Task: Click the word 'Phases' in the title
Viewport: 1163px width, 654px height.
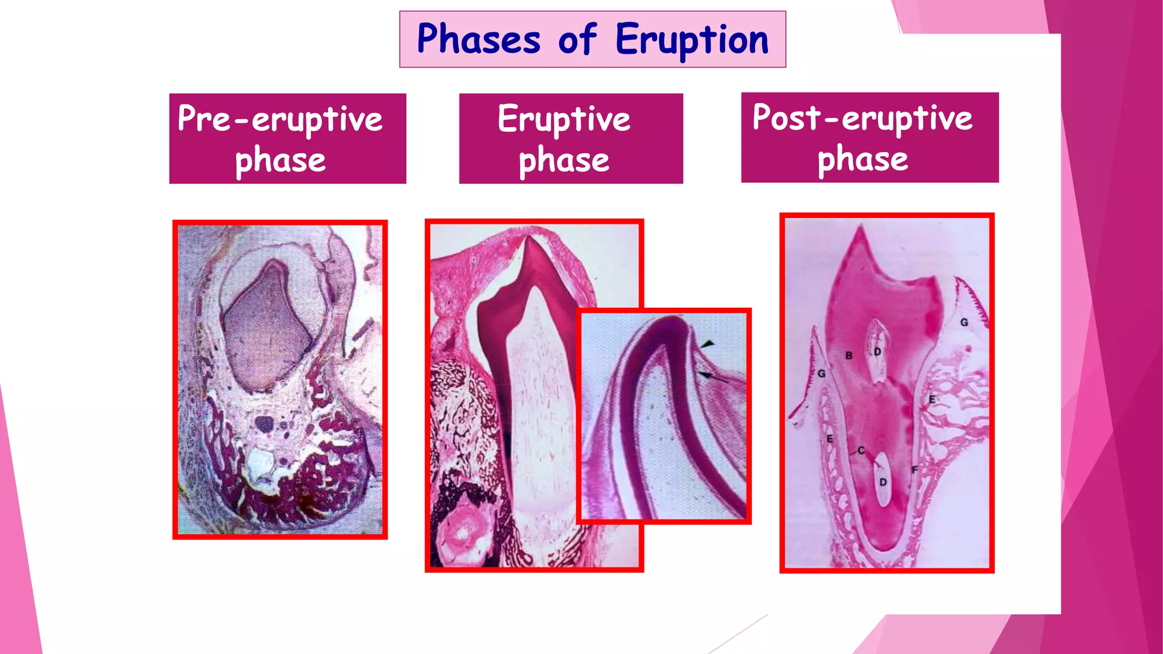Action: tap(479, 39)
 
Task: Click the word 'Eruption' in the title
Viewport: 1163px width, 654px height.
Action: tap(692, 40)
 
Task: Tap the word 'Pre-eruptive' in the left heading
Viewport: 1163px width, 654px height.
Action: tap(280, 119)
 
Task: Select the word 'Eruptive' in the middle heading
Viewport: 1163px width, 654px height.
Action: tap(564, 119)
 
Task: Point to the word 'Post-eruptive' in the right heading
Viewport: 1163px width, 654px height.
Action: tap(862, 118)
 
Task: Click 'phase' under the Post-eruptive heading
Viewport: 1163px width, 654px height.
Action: tap(862, 159)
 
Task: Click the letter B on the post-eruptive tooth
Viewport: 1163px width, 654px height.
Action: tap(848, 355)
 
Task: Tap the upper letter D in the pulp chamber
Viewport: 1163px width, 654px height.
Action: tap(877, 352)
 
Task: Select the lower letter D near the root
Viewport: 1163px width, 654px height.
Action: tap(882, 482)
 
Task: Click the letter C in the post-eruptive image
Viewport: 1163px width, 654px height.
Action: tap(861, 450)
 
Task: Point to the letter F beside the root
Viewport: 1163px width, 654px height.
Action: tap(914, 469)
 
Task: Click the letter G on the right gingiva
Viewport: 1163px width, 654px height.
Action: tap(964, 322)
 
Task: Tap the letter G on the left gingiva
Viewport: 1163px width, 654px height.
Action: tap(821, 374)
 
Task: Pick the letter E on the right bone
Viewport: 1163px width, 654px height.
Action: tap(931, 399)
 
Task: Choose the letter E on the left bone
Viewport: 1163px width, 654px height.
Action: tap(830, 439)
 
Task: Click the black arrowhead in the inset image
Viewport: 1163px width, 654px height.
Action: tap(707, 344)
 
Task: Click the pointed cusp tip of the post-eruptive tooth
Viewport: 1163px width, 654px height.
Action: tap(861, 228)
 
